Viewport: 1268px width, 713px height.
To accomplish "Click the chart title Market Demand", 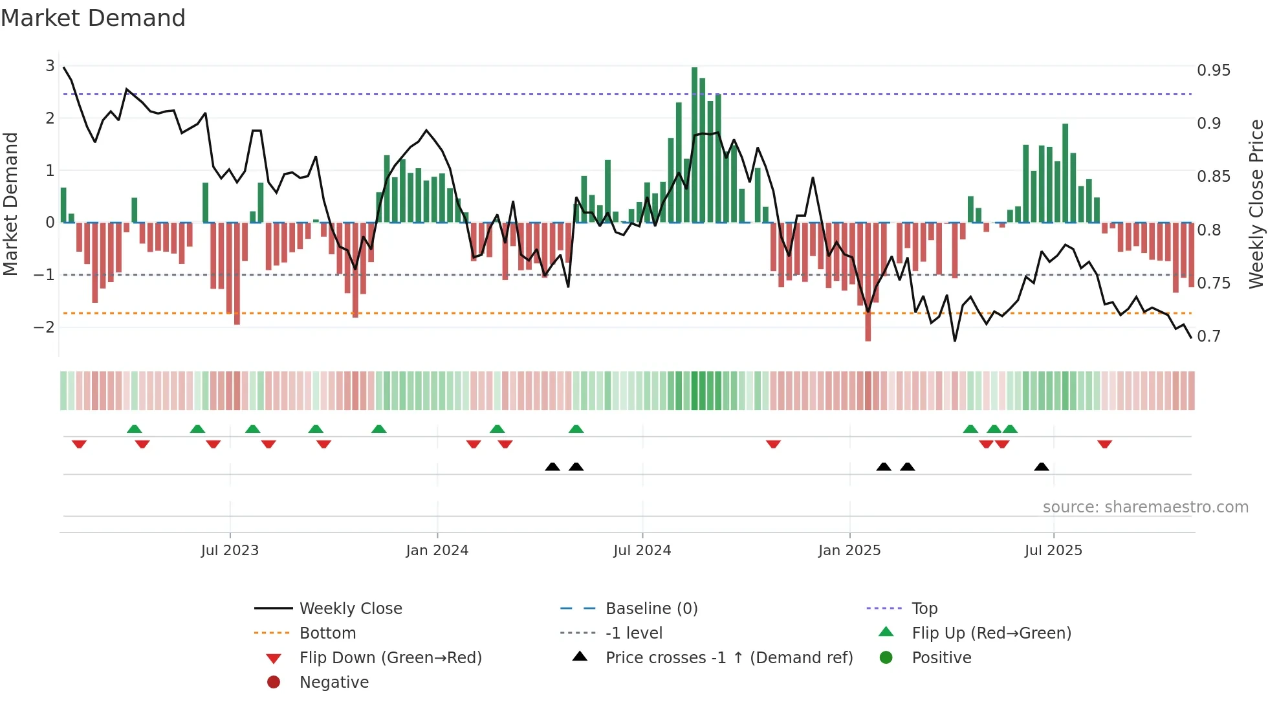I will [x=93, y=18].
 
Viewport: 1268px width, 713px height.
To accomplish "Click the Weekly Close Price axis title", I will [x=1256, y=204].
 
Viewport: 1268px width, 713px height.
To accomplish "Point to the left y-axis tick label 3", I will [x=50, y=66].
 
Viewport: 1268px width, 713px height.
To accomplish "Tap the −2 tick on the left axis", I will [x=44, y=327].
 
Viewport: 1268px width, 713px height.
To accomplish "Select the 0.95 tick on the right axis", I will [x=1213, y=71].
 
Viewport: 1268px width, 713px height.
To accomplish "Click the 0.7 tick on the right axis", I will [x=1208, y=336].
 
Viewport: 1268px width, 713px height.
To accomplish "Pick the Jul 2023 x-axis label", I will [x=230, y=551].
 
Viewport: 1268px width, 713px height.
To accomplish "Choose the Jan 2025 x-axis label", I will [x=849, y=551].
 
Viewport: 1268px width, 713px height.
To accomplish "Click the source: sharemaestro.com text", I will [x=1145, y=507].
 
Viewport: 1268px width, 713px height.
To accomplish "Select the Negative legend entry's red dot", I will [x=274, y=683].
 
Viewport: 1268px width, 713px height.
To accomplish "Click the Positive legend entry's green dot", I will [x=886, y=658].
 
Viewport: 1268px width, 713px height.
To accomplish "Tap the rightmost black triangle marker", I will [x=1041, y=466].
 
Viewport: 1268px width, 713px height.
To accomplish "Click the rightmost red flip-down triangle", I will [x=1104, y=444].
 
